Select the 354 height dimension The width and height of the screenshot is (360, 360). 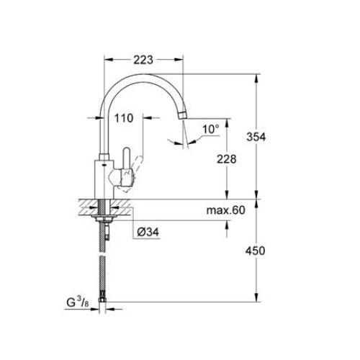269,137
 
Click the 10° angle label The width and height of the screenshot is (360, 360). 210,130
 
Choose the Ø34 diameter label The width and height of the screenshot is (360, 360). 149,232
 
